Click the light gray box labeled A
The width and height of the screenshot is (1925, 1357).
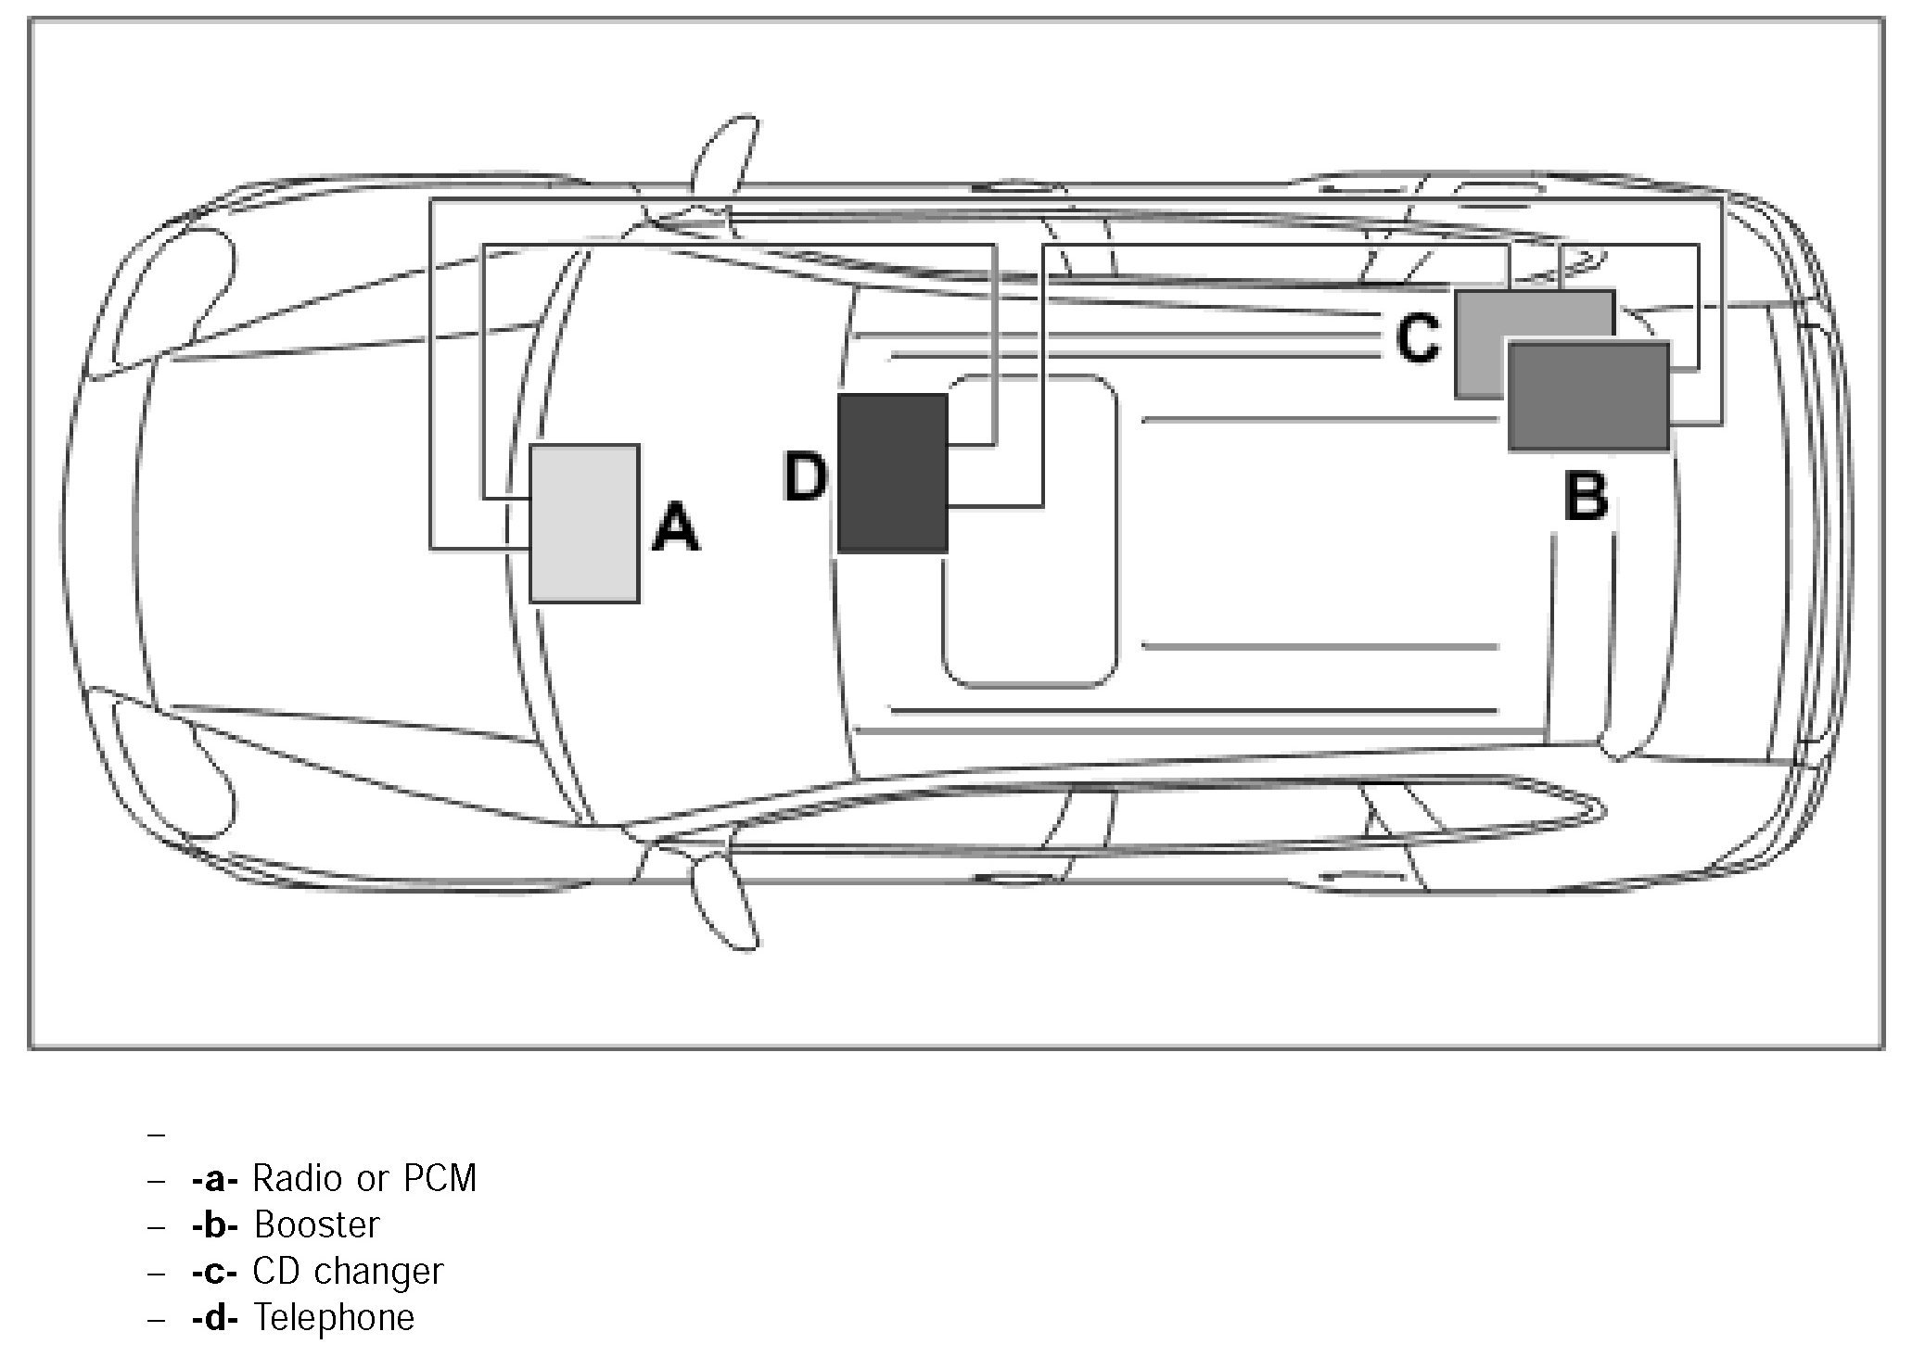[x=584, y=524]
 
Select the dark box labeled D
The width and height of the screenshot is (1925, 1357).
[x=892, y=474]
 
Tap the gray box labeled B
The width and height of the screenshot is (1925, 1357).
[x=1588, y=397]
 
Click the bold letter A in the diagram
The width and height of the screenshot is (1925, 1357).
[x=675, y=528]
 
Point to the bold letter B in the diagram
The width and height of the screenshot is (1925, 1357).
[x=1586, y=497]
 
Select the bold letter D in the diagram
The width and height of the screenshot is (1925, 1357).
[x=804, y=478]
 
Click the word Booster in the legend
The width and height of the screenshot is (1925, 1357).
[x=317, y=1224]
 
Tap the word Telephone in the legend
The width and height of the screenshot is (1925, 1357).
[x=334, y=1317]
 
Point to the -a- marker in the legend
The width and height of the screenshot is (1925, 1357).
[x=215, y=1179]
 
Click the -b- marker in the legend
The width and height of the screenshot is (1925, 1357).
[x=215, y=1225]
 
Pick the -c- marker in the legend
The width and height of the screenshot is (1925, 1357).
[x=215, y=1272]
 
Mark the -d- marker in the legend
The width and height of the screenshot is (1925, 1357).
[x=215, y=1318]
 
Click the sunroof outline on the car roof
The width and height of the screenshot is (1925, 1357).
[x=1029, y=530]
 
